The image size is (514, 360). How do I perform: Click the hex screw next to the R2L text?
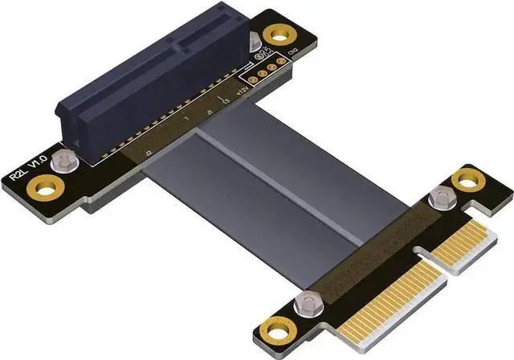pos(59,164)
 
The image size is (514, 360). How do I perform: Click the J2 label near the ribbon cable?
pos(147,149)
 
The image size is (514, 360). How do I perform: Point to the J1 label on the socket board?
pos(210,113)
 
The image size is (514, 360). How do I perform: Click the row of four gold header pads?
pos(267,71)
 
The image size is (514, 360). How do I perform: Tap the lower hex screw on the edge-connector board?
pos(304,301)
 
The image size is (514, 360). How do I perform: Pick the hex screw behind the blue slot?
pos(255,42)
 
